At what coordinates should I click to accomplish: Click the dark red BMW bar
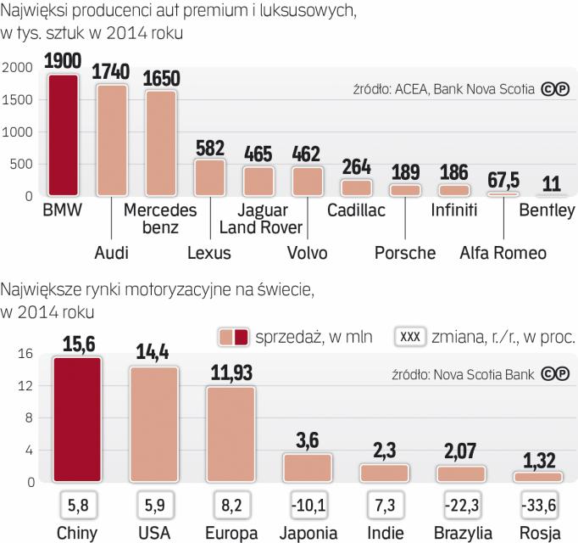64,136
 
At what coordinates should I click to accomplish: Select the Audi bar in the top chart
113,140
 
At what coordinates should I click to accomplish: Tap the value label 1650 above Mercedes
161,78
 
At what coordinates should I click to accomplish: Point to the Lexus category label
210,252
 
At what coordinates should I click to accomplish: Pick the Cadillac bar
356,188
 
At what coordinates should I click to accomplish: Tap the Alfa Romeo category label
503,252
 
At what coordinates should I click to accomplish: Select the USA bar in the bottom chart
153,424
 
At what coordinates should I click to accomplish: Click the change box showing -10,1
307,505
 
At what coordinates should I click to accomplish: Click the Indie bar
384,473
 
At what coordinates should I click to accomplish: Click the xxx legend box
409,337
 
